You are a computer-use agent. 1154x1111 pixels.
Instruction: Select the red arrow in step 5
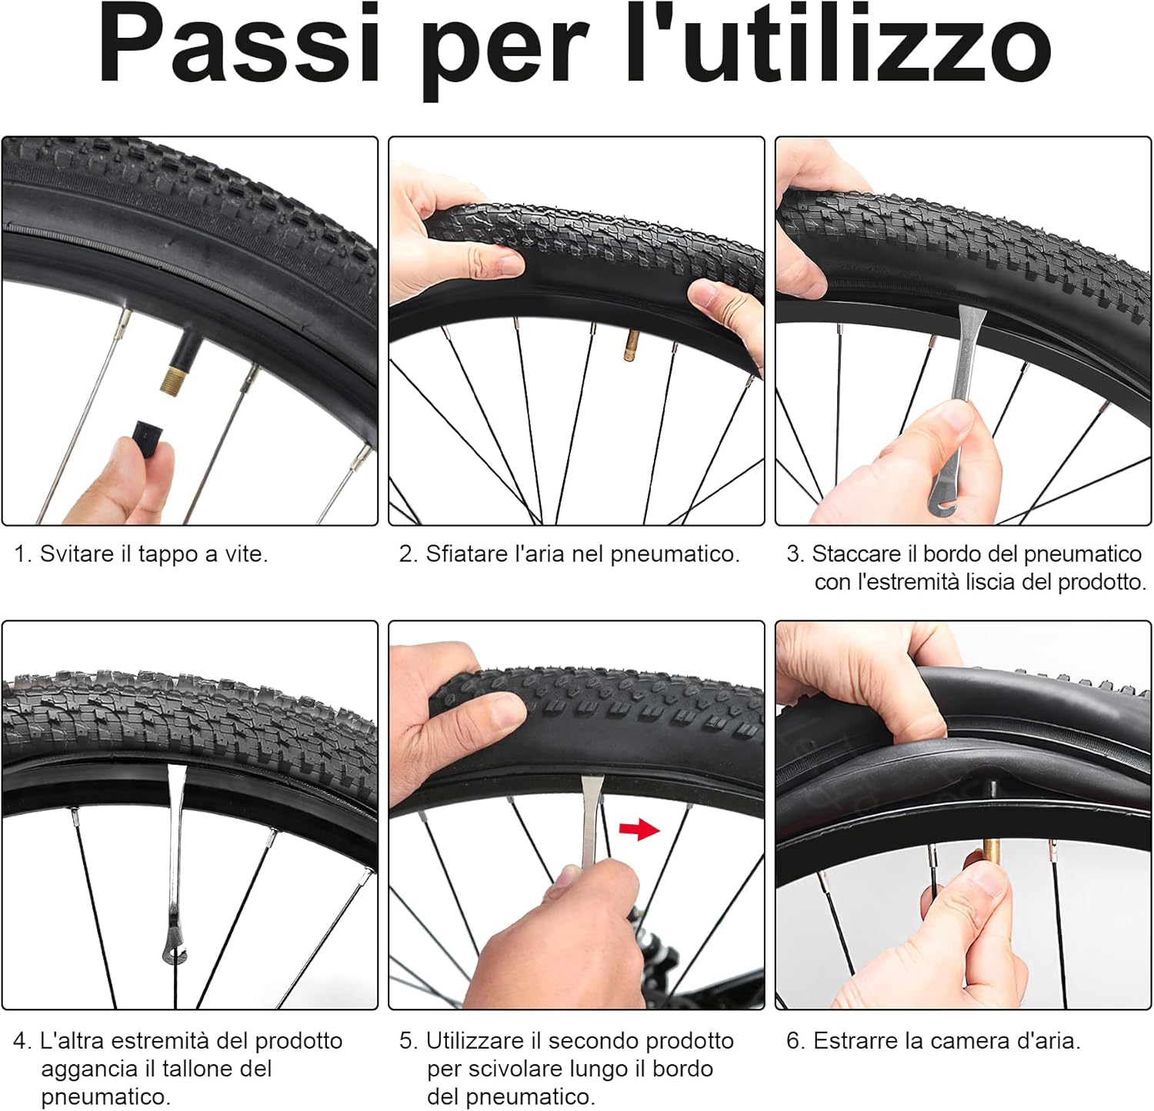640,829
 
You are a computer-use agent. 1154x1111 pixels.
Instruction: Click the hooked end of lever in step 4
172,953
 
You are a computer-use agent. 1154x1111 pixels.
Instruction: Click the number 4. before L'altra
23,1041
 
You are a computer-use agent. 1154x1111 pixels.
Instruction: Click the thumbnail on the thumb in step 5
507,711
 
